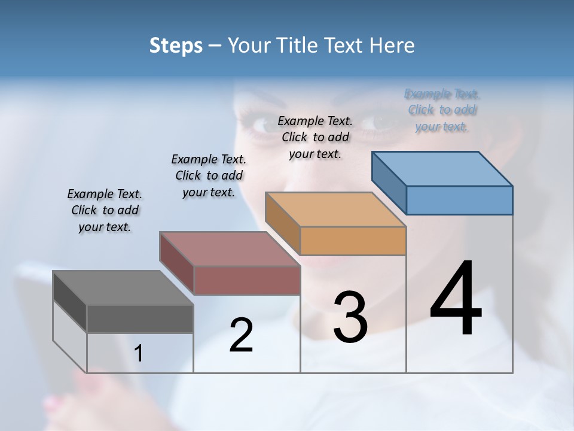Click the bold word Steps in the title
click(176, 45)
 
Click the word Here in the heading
click(393, 45)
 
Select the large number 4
click(456, 300)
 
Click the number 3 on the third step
click(350, 317)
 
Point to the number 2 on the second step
click(241, 335)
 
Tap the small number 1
click(139, 353)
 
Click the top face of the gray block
click(123, 288)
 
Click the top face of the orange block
click(335, 210)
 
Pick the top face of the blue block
click(442, 168)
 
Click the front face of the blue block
click(459, 200)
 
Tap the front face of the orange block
click(353, 241)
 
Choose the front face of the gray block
click(140, 318)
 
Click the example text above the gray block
click(105, 210)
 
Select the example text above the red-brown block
click(209, 175)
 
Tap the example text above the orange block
click(315, 137)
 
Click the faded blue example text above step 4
click(442, 110)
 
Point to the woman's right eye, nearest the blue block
click(381, 122)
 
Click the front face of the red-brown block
click(246, 280)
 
